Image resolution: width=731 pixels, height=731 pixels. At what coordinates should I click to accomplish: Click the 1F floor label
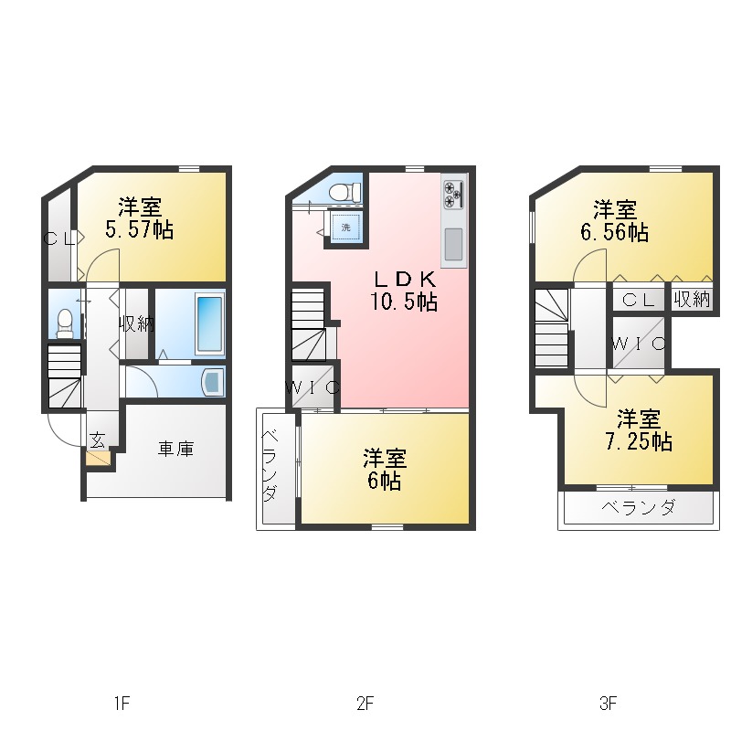pyautogui.click(x=122, y=703)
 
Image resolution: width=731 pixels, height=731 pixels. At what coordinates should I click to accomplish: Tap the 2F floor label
pyautogui.click(x=365, y=703)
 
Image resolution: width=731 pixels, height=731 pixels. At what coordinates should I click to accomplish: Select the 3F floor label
pyautogui.click(x=609, y=703)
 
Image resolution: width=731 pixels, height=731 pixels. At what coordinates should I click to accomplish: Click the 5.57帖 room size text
pyautogui.click(x=140, y=230)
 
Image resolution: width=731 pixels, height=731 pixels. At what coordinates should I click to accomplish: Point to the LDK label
pyautogui.click(x=405, y=280)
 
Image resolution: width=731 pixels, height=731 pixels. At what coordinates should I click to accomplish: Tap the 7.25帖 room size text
pyautogui.click(x=639, y=441)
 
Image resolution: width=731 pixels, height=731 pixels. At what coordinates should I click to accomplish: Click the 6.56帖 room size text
pyautogui.click(x=614, y=232)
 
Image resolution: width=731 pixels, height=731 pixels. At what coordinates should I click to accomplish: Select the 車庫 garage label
pyautogui.click(x=175, y=449)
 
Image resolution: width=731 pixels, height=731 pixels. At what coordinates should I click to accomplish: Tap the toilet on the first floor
pyautogui.click(x=65, y=322)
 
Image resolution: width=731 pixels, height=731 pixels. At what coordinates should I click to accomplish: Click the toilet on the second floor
pyautogui.click(x=344, y=192)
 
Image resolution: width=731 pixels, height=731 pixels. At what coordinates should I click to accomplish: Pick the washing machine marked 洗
pyautogui.click(x=345, y=227)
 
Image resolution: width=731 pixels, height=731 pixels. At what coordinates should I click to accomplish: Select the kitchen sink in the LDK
pyautogui.click(x=453, y=244)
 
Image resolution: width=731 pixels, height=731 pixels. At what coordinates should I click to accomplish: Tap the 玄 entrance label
pyautogui.click(x=97, y=440)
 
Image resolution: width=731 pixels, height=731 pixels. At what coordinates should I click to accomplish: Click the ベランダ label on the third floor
pyautogui.click(x=638, y=506)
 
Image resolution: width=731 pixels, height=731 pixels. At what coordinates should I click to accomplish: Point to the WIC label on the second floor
pyautogui.click(x=313, y=387)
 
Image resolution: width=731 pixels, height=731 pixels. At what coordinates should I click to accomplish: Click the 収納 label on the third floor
pyautogui.click(x=692, y=299)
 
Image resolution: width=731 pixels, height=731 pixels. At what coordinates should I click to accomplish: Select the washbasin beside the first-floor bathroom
pyautogui.click(x=213, y=381)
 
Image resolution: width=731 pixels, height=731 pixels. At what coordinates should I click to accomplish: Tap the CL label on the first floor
pyautogui.click(x=59, y=239)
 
